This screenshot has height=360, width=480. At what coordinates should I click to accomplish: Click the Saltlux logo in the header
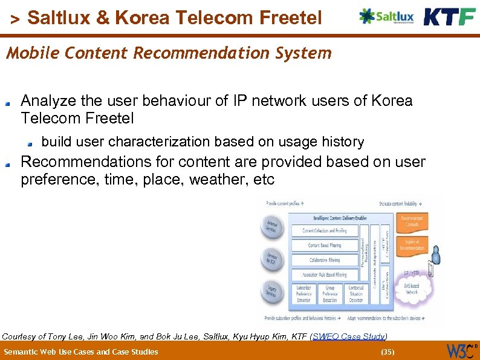click(386, 16)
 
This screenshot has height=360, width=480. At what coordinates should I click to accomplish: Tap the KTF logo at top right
click(449, 16)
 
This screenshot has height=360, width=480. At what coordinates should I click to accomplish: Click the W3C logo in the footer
click(461, 351)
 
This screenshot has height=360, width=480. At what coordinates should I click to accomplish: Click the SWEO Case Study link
click(349, 336)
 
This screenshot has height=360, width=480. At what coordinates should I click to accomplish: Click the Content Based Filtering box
click(324, 245)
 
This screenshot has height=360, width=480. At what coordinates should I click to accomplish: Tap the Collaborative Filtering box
click(324, 260)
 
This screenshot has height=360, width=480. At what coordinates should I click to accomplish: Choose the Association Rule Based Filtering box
click(324, 275)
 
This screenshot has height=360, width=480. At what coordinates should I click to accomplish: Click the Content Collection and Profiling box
click(324, 231)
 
